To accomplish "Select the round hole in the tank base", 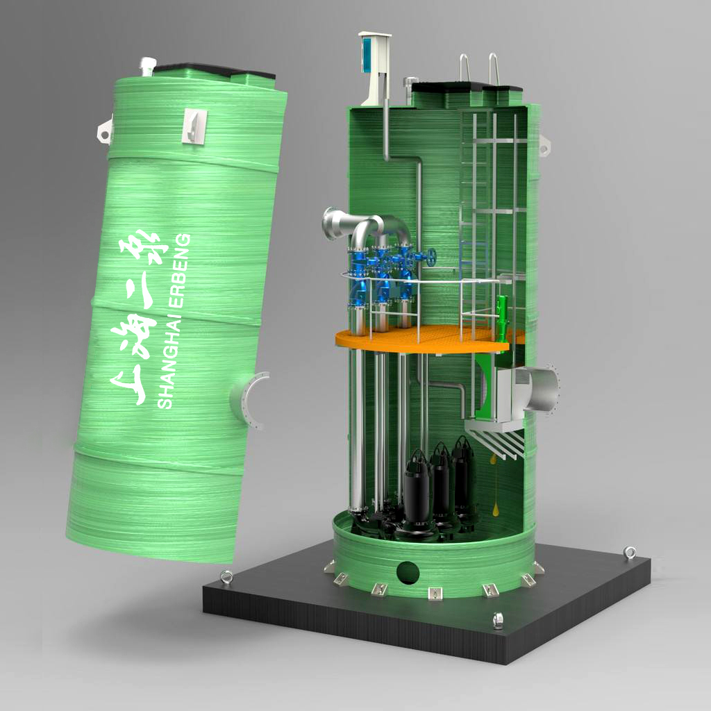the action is pos(408,573).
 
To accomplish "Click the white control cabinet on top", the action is pos(374,68).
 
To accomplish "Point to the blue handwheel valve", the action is pos(430,257).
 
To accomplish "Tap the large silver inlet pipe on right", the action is pos(541,390).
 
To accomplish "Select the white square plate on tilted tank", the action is pos(194,126).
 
